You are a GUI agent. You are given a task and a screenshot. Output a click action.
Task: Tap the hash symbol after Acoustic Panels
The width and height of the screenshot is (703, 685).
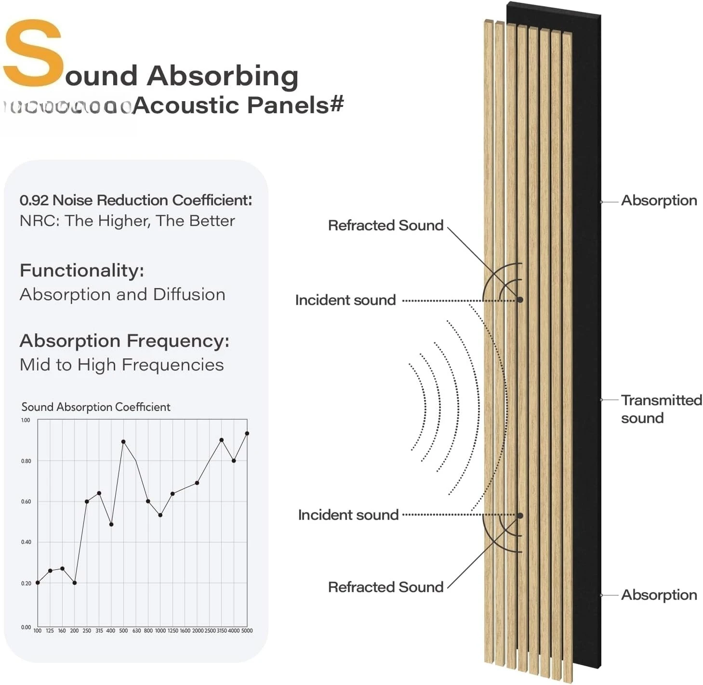click(336, 104)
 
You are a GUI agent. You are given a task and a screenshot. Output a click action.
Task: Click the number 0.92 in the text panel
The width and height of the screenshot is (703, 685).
click(34, 200)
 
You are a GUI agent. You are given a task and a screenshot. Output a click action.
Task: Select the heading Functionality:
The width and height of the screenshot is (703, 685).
click(82, 270)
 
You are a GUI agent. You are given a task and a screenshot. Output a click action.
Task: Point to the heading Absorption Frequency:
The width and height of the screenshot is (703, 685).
click(124, 341)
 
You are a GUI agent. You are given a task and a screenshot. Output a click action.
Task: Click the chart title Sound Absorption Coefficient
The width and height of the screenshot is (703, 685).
click(96, 407)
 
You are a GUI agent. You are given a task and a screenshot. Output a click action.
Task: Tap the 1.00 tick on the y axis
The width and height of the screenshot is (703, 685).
click(26, 420)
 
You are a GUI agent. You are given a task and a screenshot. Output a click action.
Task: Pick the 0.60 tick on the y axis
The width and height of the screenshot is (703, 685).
click(26, 501)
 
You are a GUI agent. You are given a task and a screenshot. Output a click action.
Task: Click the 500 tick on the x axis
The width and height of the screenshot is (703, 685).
click(123, 631)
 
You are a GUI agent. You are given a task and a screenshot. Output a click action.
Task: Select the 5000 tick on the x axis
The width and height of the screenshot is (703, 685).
click(247, 631)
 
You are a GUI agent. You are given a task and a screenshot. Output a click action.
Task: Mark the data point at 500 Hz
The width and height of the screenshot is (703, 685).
click(123, 441)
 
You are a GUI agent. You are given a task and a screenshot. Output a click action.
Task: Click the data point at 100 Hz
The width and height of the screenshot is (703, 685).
click(38, 583)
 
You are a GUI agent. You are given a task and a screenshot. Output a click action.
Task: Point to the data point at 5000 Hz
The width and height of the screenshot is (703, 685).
click(247, 434)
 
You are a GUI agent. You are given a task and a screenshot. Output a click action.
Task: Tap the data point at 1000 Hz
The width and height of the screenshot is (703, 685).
click(160, 515)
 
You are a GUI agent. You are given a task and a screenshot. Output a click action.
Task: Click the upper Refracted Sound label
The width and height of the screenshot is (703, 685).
click(385, 225)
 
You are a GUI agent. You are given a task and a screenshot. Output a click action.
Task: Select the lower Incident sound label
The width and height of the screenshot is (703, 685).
click(348, 514)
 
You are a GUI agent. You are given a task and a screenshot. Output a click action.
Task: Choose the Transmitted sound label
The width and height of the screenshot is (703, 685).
click(661, 408)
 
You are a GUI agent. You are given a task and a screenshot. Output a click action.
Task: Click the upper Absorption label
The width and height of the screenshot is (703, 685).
click(659, 200)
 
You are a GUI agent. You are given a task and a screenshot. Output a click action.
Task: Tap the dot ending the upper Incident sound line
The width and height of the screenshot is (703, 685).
click(520, 300)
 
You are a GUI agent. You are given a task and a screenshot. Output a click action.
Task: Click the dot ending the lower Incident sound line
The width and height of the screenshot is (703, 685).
click(520, 515)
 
